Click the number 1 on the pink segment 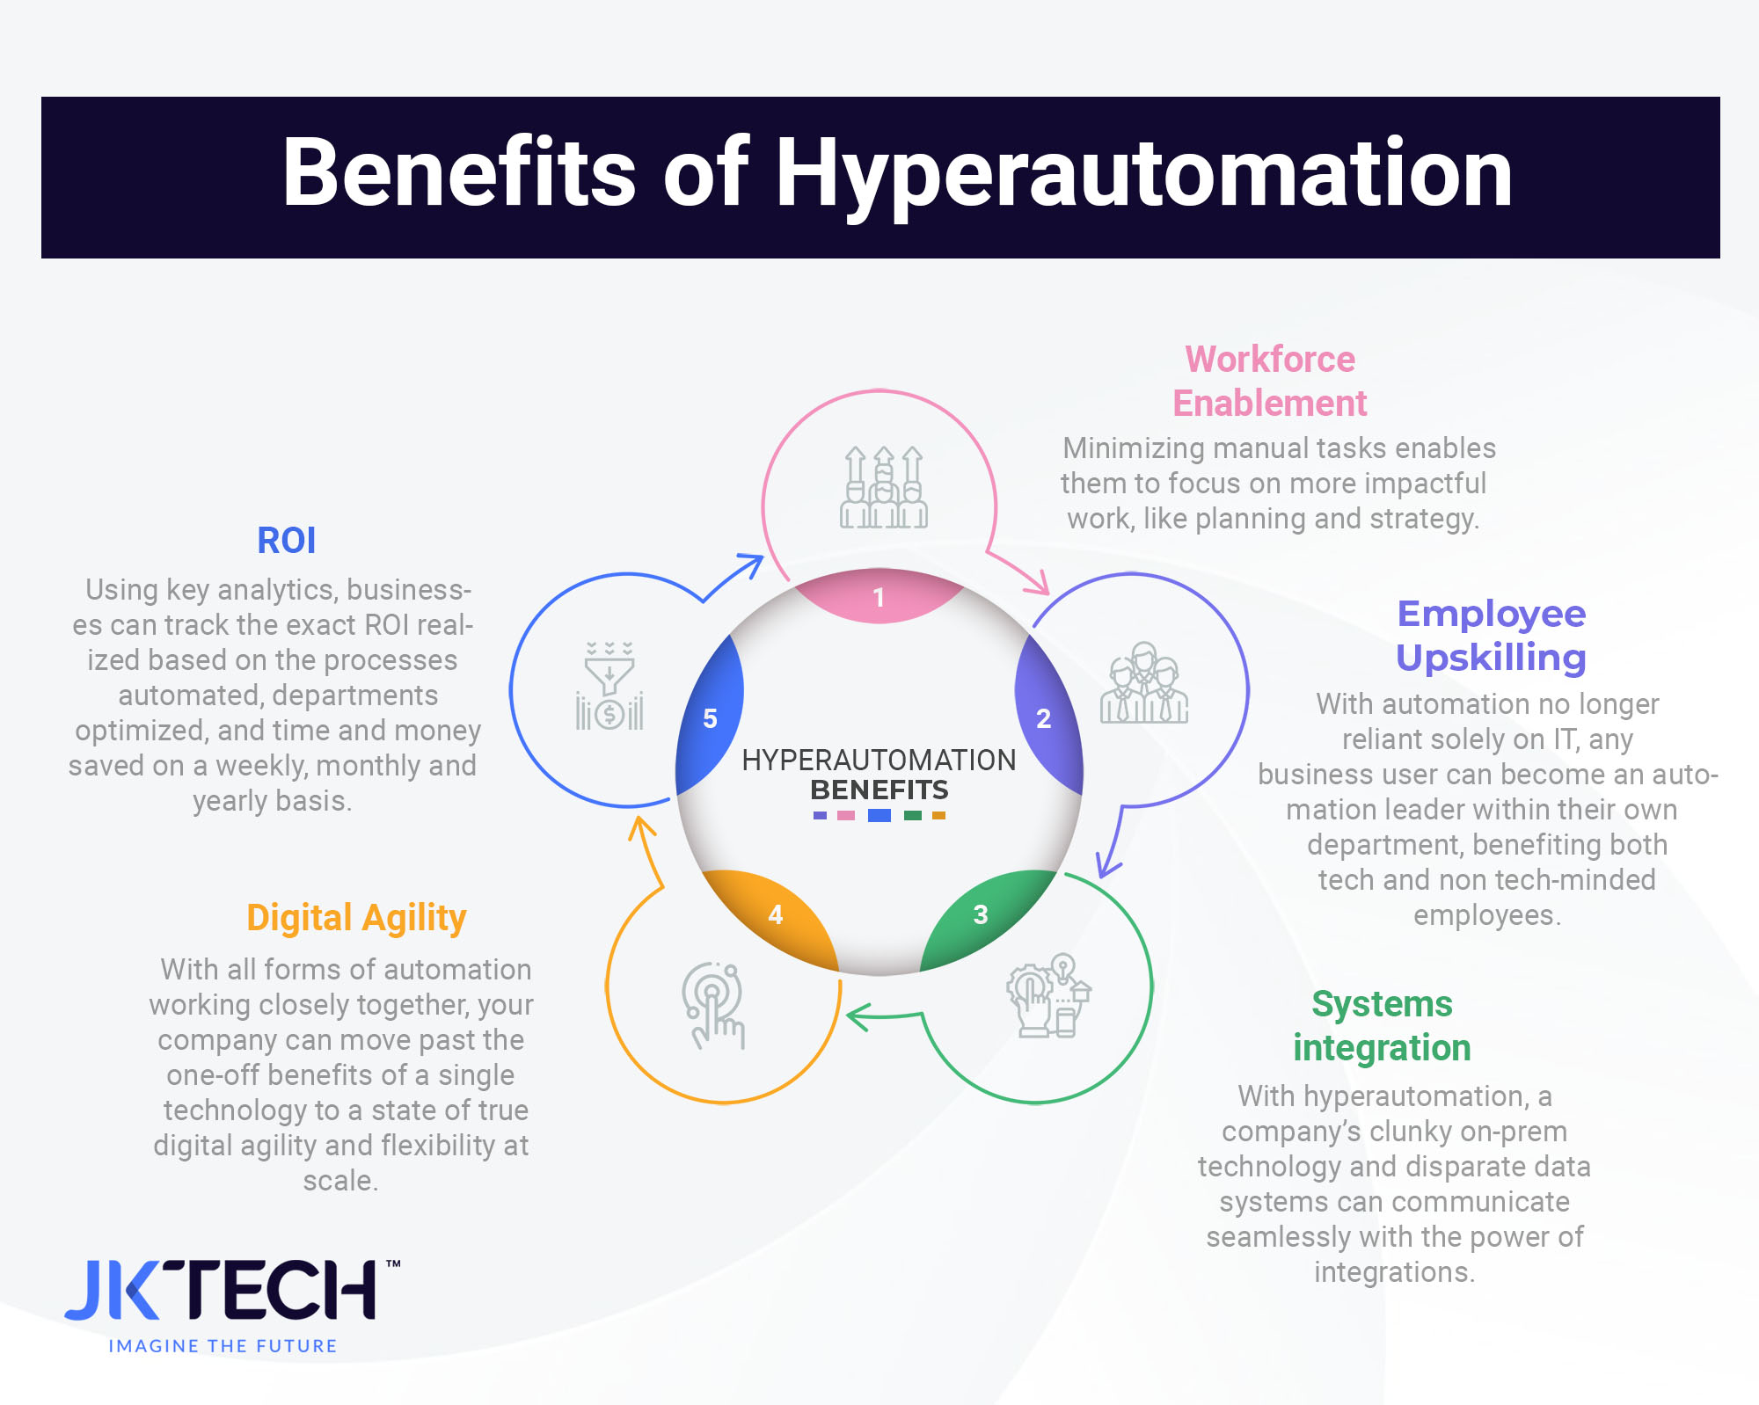pos(878,598)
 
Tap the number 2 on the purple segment pos(1044,718)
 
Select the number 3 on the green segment pos(981,914)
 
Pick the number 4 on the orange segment pos(775,914)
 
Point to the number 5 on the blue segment pos(711,718)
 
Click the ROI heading pos(286,540)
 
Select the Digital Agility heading pos(356,917)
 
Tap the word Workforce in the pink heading pos(1270,359)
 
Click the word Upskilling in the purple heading pos(1491,658)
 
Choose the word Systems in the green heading pos(1382,1003)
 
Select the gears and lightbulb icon pos(1048,995)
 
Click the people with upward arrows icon pos(883,488)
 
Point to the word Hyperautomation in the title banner pos(1143,174)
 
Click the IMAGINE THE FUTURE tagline pos(223,1346)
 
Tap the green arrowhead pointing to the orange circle pos(857,1017)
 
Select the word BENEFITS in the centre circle pos(879,790)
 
